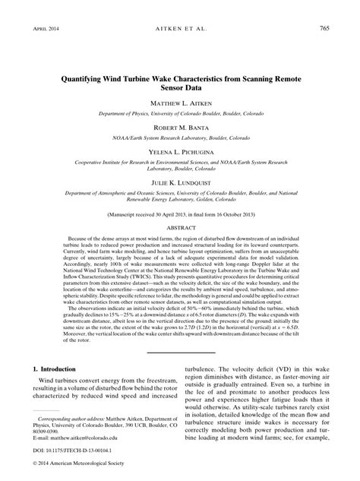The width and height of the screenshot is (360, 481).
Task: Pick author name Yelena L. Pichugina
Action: point(179,153)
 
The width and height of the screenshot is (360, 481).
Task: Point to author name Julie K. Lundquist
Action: point(179,185)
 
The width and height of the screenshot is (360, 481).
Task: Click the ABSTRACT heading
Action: point(179,228)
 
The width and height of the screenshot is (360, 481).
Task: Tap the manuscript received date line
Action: point(179,215)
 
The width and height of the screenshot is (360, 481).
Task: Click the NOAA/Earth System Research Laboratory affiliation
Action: point(179,138)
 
